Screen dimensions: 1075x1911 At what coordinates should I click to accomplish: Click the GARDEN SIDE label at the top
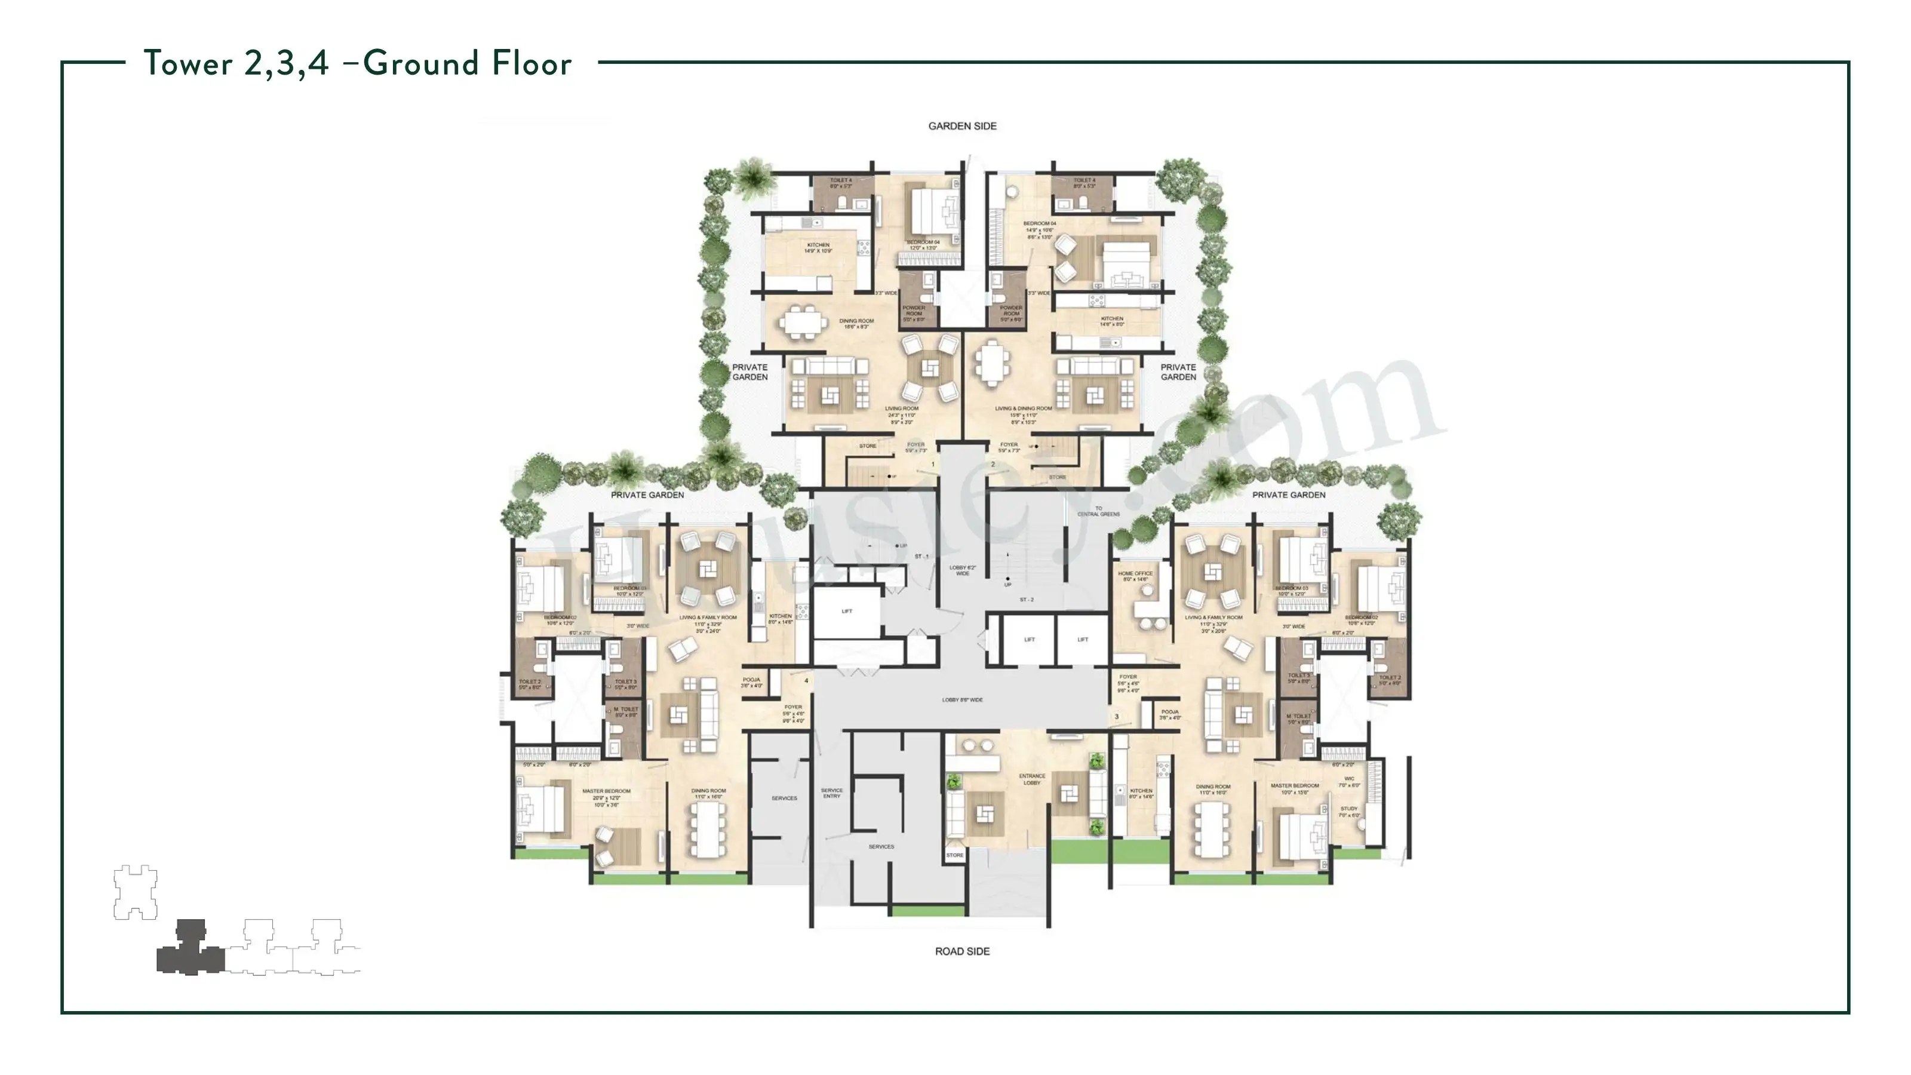tap(962, 126)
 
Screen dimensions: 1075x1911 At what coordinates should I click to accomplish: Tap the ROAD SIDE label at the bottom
tap(962, 951)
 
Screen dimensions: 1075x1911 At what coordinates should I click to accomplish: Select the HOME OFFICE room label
tap(1135, 573)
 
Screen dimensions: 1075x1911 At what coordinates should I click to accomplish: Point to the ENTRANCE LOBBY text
tap(1032, 779)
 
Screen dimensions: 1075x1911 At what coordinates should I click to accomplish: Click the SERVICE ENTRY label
tap(832, 793)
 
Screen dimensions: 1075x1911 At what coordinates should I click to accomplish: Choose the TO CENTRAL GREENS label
tap(1099, 511)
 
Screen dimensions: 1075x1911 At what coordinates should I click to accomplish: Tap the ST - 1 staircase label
tap(921, 557)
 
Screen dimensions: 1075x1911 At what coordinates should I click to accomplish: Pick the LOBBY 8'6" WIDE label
tap(962, 699)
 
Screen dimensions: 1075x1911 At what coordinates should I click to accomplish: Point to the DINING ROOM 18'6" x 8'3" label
tap(856, 324)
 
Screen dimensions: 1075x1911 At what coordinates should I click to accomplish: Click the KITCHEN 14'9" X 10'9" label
tap(818, 247)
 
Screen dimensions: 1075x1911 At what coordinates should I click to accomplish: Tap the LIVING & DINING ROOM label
tap(1023, 408)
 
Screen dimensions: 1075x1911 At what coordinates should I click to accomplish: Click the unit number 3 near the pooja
tap(1117, 717)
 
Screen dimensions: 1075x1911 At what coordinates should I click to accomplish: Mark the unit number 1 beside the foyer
tap(933, 465)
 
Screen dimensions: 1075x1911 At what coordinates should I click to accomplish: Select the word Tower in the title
tap(189, 64)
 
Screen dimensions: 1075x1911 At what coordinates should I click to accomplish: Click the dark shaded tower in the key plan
tap(191, 950)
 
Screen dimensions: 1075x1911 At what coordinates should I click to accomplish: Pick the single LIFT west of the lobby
tap(846, 612)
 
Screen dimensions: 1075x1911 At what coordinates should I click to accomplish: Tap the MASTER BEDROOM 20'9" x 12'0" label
tap(606, 791)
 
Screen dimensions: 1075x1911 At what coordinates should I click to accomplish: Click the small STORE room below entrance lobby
tap(955, 855)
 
